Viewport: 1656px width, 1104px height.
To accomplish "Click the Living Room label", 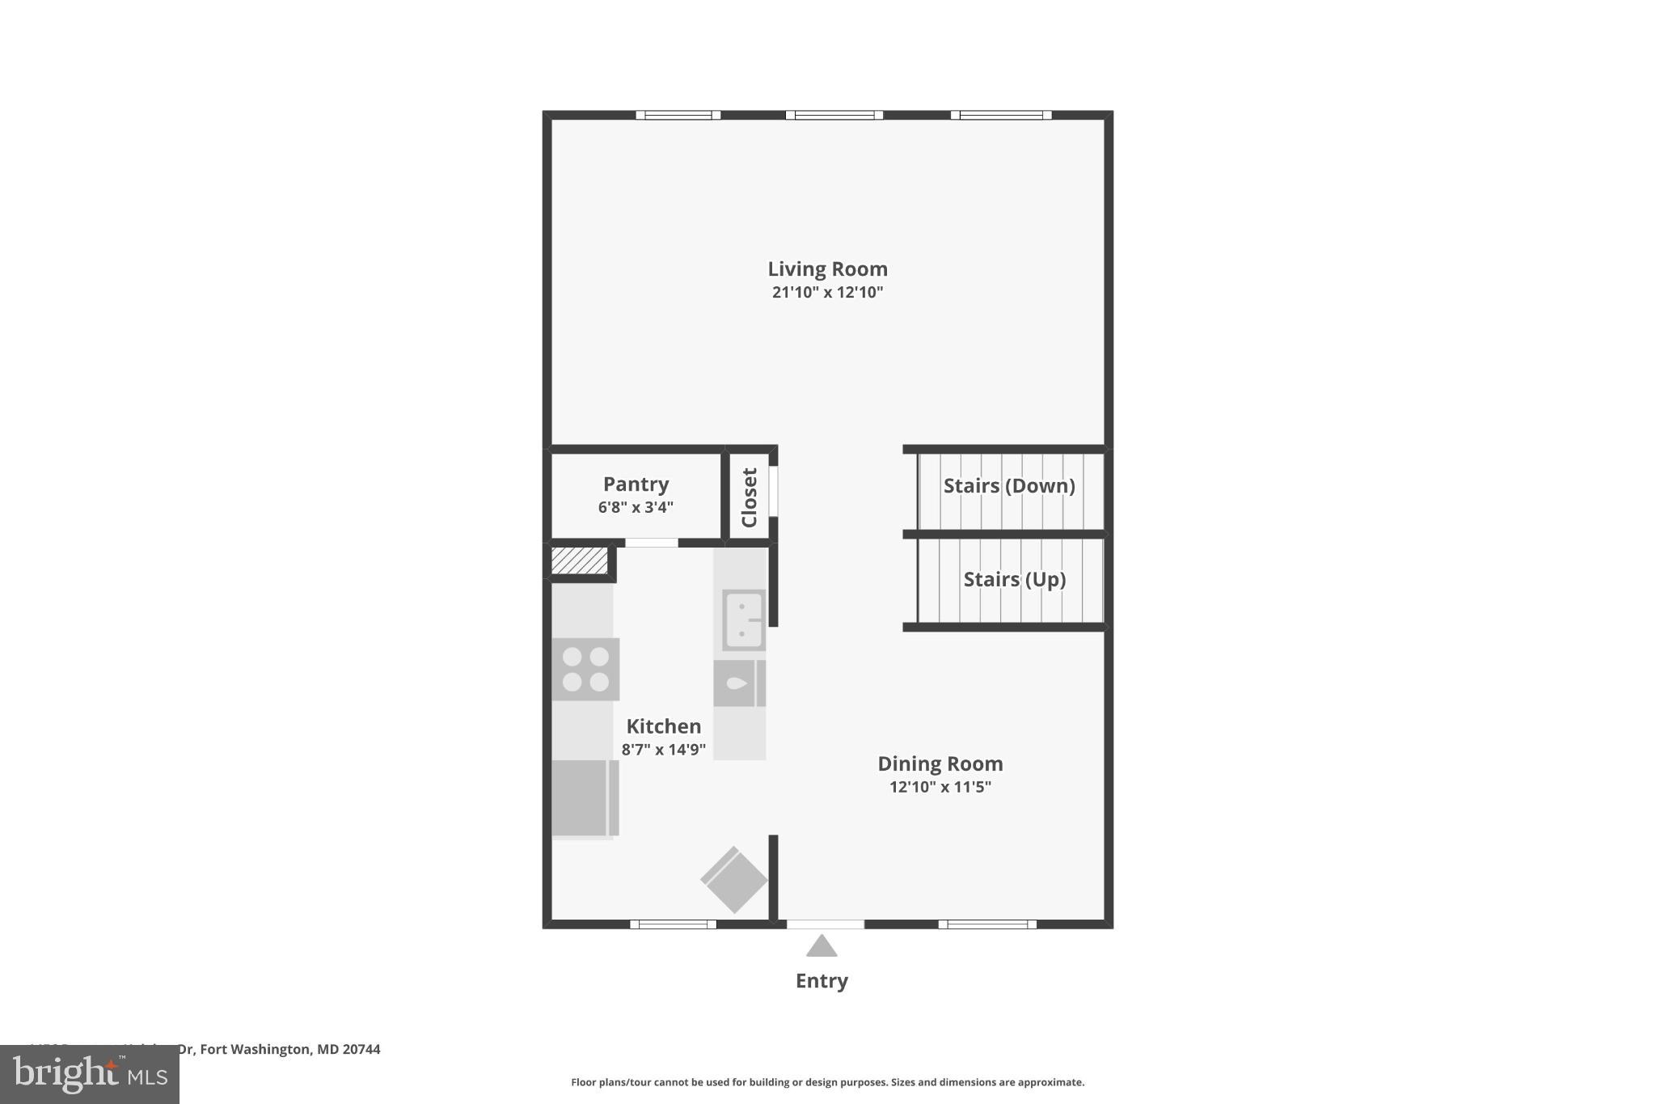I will (827, 269).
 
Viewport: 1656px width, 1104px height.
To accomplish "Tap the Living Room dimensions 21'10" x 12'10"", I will (827, 292).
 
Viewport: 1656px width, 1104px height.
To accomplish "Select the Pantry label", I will (636, 484).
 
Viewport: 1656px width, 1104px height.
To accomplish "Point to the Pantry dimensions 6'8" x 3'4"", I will (636, 507).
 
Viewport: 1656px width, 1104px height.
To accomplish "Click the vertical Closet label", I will (750, 497).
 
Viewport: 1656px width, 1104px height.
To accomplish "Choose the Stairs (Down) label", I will (1009, 485).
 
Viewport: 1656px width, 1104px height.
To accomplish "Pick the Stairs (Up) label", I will (1014, 579).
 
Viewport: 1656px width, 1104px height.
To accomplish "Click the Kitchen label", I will (663, 725).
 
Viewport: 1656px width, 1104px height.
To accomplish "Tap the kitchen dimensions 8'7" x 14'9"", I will (663, 749).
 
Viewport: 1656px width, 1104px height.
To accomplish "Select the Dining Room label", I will (940, 763).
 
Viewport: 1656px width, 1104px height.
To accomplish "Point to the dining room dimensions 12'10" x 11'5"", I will (940, 786).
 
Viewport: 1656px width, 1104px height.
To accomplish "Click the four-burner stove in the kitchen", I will (585, 669).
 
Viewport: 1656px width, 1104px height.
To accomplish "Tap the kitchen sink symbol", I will (743, 620).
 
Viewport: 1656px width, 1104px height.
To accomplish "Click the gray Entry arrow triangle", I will (822, 946).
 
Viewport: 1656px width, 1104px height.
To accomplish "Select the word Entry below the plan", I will (822, 980).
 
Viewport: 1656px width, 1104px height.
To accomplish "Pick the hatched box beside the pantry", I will (579, 560).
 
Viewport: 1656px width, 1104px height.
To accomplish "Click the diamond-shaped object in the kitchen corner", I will (733, 880).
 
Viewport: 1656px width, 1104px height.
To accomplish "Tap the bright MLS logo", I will (89, 1075).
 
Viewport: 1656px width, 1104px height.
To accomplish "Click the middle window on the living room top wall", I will (834, 115).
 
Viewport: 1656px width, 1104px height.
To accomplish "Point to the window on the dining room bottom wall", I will (987, 924).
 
